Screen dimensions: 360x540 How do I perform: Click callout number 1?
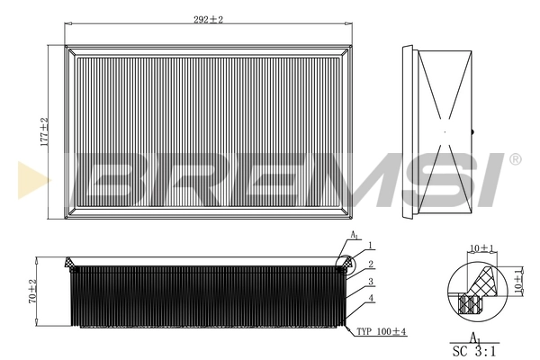point(370,246)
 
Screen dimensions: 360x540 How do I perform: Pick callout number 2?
point(370,264)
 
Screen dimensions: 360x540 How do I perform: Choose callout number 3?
point(370,282)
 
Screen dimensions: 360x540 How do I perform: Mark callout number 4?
point(370,300)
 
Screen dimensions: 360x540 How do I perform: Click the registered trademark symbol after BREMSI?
point(515,159)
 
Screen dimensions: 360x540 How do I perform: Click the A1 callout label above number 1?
point(354,235)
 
